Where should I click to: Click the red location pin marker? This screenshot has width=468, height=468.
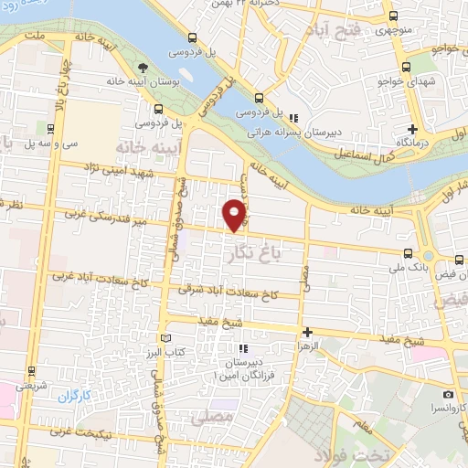(x=235, y=214)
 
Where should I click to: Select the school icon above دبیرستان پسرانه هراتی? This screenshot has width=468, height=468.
(x=293, y=118)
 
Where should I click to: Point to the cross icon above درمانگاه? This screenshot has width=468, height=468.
(x=412, y=129)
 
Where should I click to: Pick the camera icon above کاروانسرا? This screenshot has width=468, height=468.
(x=448, y=393)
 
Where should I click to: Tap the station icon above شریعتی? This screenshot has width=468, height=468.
(x=33, y=373)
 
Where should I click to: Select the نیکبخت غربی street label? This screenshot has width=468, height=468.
(x=80, y=432)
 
